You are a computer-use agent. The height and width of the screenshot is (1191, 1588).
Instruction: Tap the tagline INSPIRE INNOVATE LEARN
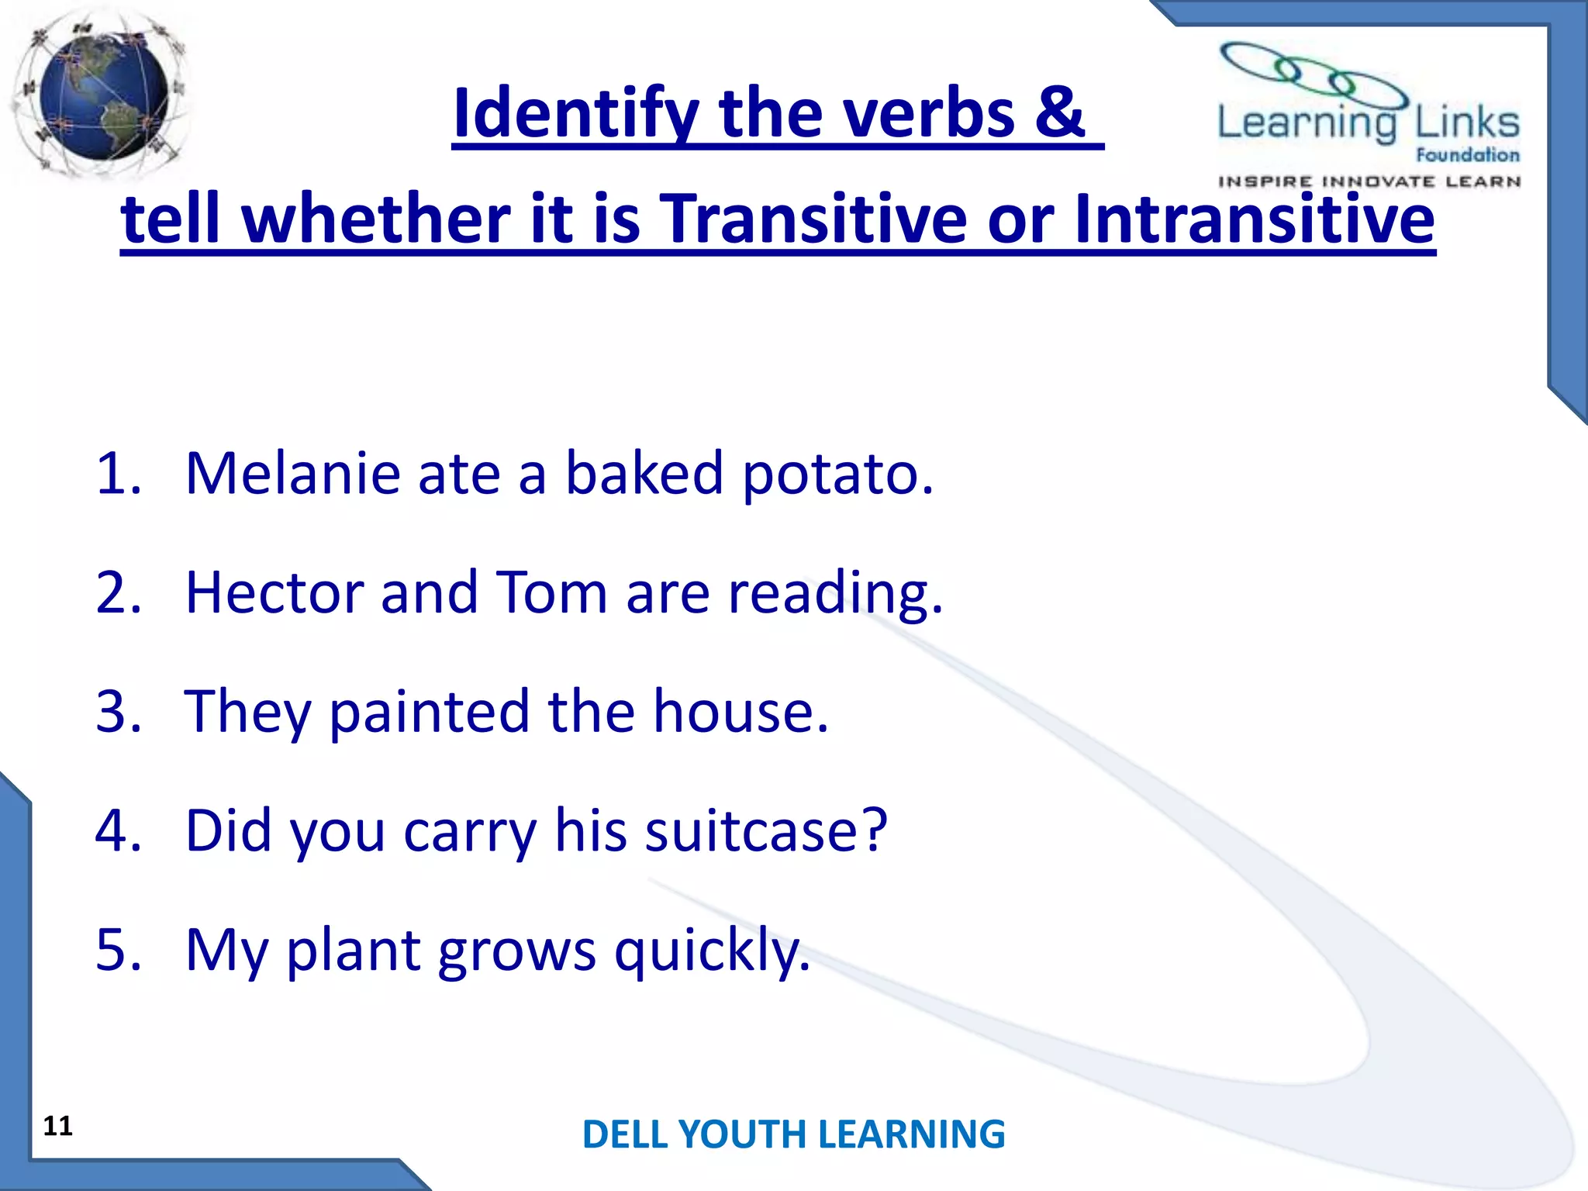[1369, 181]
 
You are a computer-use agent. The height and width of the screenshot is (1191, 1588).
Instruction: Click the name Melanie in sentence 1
[292, 473]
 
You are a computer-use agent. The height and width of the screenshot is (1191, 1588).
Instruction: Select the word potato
[837, 475]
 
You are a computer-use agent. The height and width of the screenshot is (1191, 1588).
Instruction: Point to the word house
[740, 712]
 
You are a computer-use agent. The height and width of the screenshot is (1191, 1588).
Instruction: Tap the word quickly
[712, 951]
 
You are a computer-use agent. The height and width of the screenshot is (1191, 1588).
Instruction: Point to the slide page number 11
[57, 1125]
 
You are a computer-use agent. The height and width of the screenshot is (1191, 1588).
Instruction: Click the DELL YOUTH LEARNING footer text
[793, 1134]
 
